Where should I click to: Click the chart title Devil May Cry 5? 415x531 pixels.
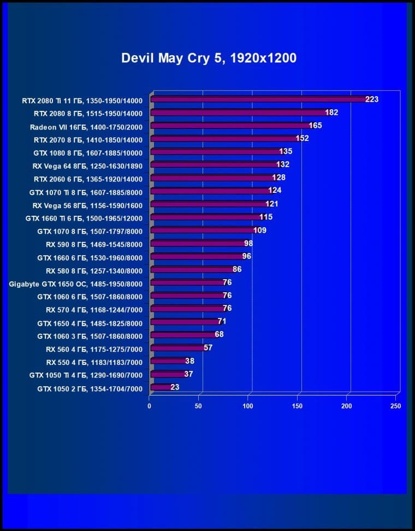pos(209,58)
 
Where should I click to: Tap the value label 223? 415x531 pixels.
pos(372,99)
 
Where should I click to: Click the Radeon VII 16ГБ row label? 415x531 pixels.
pos(86,126)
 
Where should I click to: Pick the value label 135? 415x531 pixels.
pos(286,151)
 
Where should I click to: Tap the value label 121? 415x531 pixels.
pos(272,204)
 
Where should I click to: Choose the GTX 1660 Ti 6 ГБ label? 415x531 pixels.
pos(84,217)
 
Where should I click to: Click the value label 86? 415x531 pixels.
pos(237,269)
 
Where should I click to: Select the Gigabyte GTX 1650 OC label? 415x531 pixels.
pos(76,284)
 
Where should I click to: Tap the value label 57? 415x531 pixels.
pos(207,347)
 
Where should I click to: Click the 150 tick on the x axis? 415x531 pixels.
pos(297,406)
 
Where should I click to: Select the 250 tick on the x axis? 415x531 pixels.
pos(396,406)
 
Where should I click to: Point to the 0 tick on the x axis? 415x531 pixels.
pos(149,406)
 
